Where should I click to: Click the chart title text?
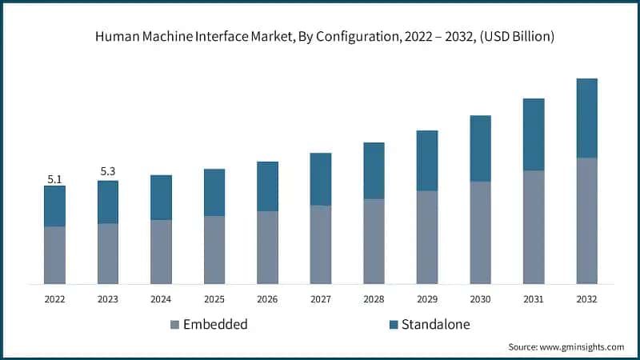click(x=320, y=37)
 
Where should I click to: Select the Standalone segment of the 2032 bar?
click(x=586, y=118)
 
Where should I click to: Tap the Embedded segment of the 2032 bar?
click(x=586, y=220)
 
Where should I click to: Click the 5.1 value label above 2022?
click(x=54, y=179)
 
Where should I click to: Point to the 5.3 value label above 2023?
click(x=108, y=171)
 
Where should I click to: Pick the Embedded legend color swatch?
click(x=174, y=325)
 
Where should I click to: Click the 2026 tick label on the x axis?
click(x=267, y=299)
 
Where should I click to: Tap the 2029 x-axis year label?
click(x=426, y=299)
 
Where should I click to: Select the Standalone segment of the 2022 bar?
click(x=54, y=206)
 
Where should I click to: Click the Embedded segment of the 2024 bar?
click(x=161, y=251)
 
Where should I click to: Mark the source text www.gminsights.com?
click(x=566, y=347)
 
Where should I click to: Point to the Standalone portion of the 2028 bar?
click(x=374, y=170)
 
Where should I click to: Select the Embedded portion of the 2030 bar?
click(x=480, y=232)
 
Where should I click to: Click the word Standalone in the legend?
click(x=435, y=325)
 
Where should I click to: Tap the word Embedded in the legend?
click(x=215, y=325)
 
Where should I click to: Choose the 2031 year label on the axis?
click(x=534, y=299)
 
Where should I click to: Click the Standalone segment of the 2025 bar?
click(x=214, y=192)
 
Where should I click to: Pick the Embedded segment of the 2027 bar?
click(x=321, y=244)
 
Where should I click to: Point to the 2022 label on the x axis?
click(x=54, y=299)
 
